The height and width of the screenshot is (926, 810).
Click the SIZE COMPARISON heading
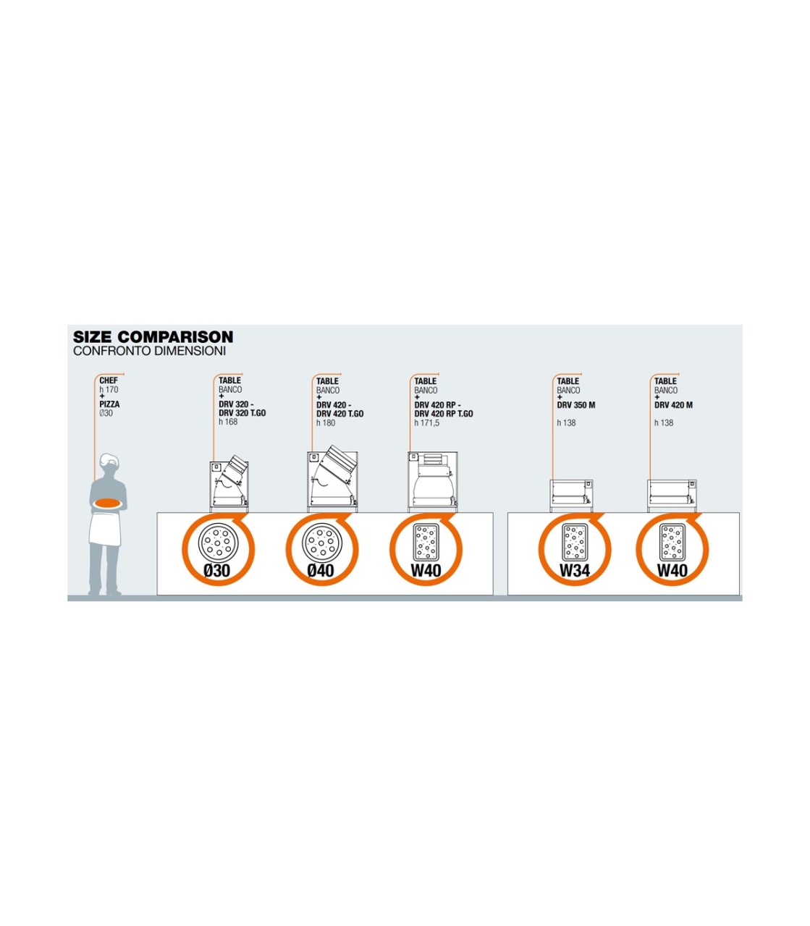pos(153,336)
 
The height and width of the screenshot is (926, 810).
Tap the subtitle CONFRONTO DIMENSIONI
pos(149,351)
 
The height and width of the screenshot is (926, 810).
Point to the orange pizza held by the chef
pos(108,502)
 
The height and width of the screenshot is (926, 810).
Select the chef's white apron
pos(106,527)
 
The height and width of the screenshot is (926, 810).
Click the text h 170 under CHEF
pos(109,390)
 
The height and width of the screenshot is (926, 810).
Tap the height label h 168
pos(228,422)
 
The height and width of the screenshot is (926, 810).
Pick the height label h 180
pos(326,422)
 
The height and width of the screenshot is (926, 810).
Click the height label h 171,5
pos(427,422)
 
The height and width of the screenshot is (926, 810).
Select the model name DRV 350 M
pos(576,405)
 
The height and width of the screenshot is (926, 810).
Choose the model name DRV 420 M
pos(673,405)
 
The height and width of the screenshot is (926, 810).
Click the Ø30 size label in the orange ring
pos(217,571)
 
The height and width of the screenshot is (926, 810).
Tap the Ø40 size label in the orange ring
pos(321,571)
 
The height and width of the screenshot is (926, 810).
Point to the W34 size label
pos(575,571)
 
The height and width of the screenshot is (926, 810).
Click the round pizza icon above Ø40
pos(321,542)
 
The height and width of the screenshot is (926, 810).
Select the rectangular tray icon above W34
pos(575,542)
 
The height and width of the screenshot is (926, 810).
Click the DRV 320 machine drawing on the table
pos(229,484)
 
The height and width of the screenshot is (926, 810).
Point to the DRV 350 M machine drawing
pos(571,496)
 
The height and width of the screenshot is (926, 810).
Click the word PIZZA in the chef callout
pos(109,404)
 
